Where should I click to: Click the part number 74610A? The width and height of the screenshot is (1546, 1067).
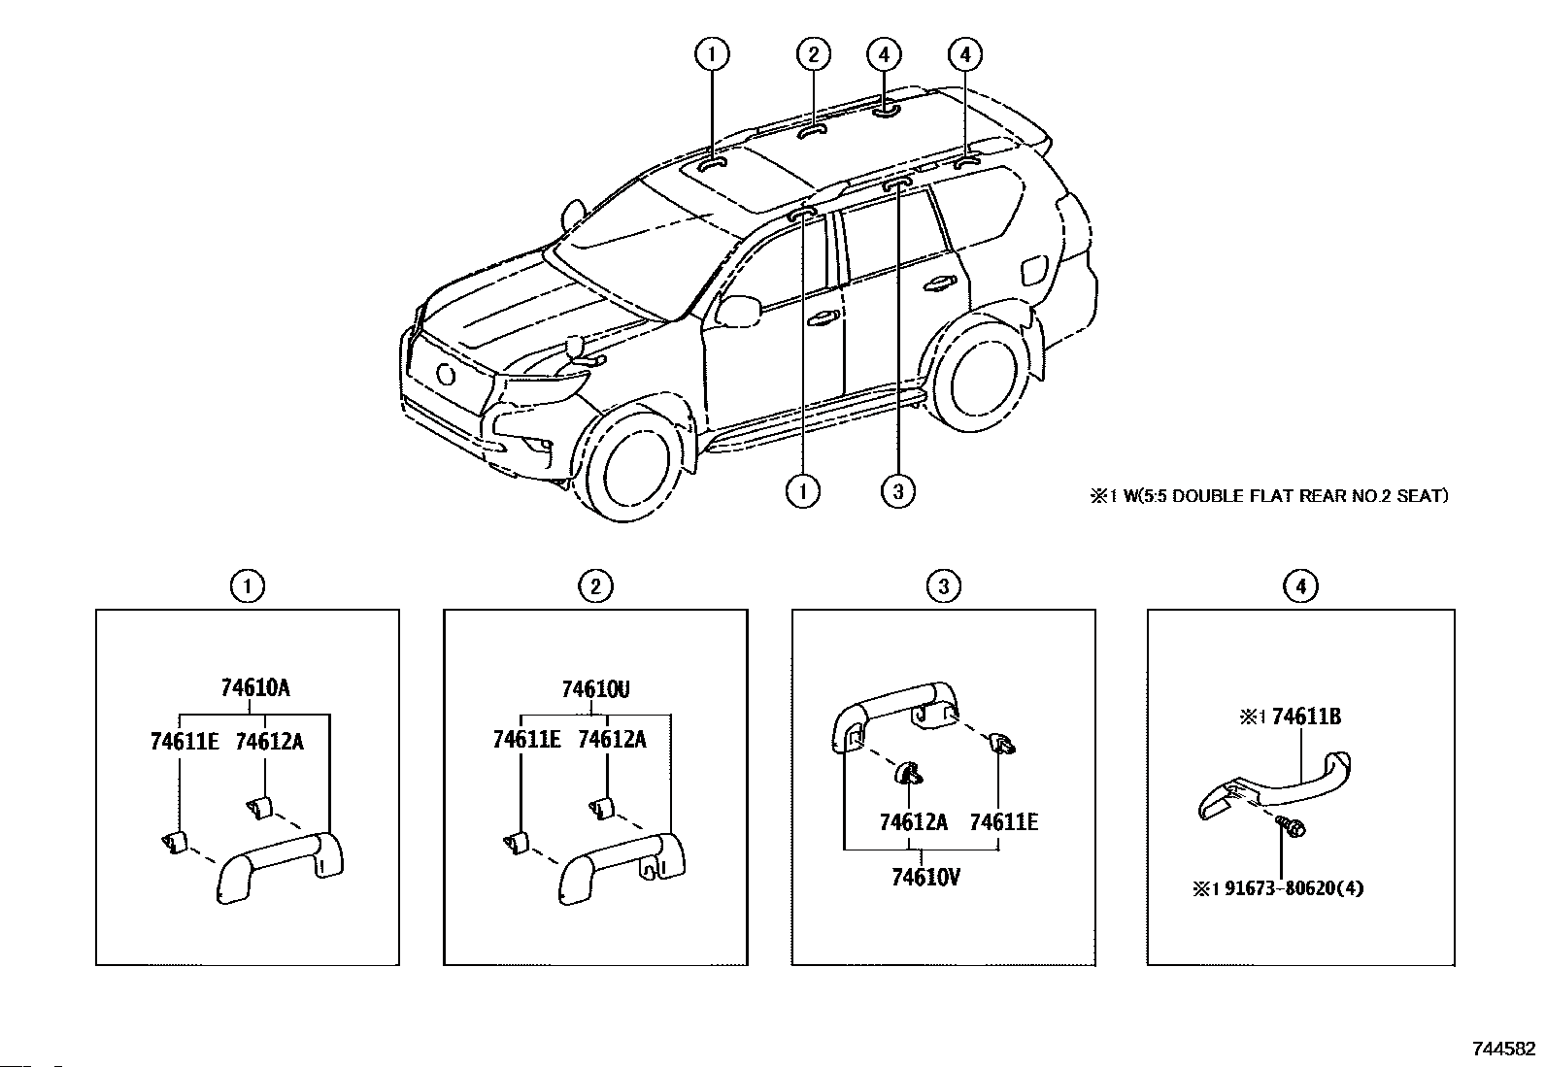[255, 688]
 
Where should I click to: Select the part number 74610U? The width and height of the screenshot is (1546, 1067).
[595, 690]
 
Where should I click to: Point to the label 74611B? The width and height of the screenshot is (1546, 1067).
[1306, 717]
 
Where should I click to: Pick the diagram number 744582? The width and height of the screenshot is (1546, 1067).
[1503, 1049]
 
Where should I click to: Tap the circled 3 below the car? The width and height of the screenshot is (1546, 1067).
[898, 491]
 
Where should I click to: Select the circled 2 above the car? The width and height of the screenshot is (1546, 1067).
[813, 54]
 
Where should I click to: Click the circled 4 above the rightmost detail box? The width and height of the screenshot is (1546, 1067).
[1300, 585]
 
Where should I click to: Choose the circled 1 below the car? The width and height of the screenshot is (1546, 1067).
[803, 491]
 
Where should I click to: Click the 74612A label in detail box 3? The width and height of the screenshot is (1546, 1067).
[913, 822]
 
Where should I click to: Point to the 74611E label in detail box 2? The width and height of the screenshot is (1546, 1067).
[526, 740]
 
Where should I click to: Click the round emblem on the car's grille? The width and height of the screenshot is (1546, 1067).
[447, 374]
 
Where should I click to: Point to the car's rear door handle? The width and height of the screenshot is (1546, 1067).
[938, 283]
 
